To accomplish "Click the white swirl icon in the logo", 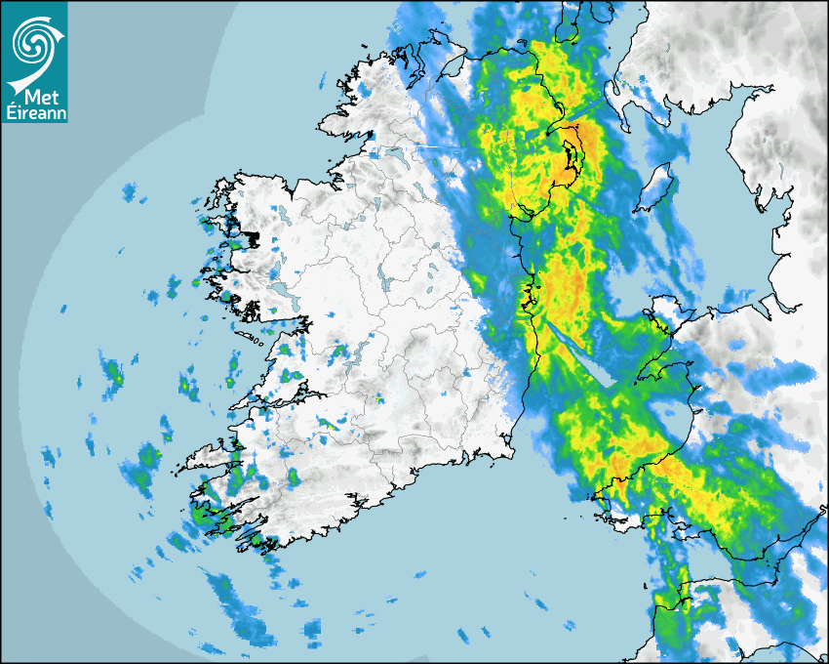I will click(34, 39).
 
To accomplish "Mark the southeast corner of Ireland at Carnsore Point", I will click(511, 449).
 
